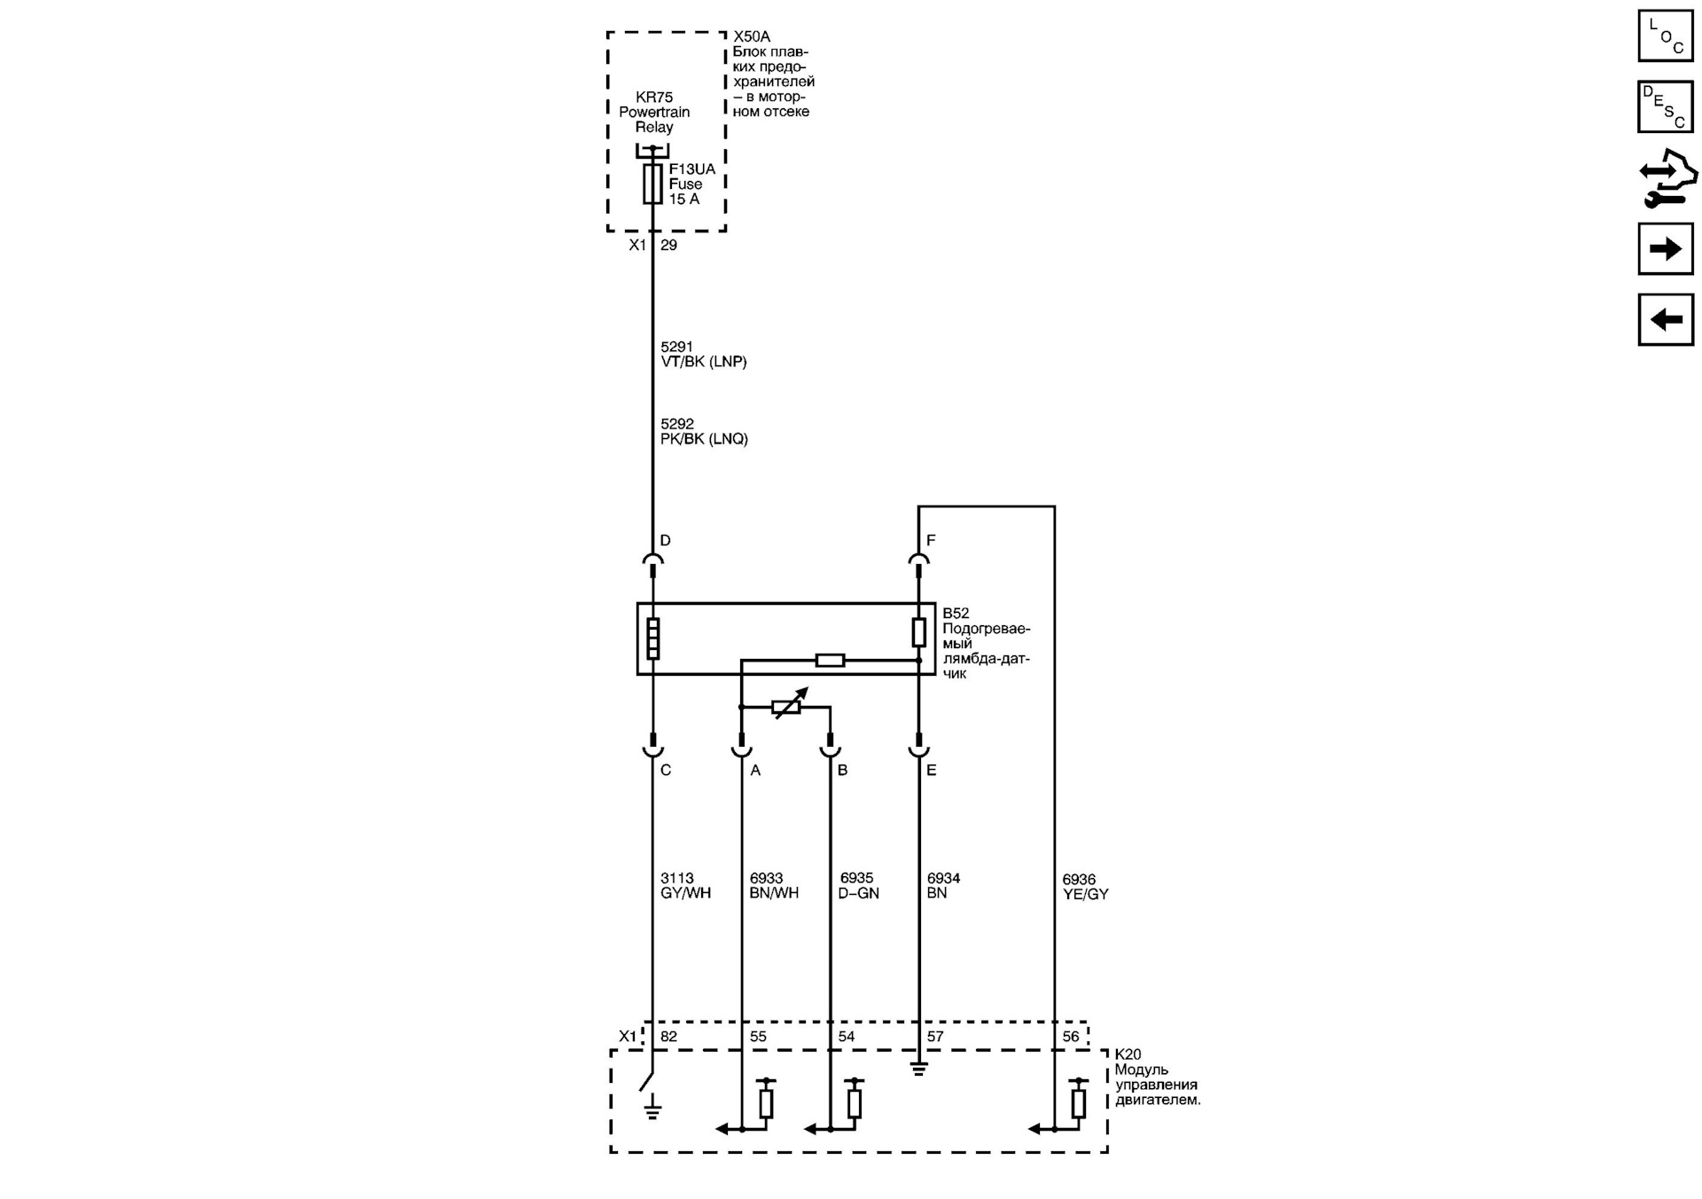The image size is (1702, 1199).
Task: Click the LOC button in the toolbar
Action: coord(1665,35)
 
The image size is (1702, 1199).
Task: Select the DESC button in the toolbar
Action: coord(1665,106)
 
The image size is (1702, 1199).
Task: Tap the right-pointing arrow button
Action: coord(1665,248)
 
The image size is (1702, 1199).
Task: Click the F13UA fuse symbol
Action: coord(652,184)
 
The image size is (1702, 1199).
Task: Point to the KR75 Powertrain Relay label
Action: coord(654,112)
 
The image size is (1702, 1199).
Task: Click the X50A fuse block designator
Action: coord(752,37)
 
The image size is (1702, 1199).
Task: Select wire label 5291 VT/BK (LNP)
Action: coord(703,355)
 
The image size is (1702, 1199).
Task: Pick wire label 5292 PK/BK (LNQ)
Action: coord(703,432)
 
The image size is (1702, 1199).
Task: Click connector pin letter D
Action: coord(665,540)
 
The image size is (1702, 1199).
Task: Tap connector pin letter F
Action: coord(931,540)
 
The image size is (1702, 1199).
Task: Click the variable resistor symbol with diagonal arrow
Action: coord(787,705)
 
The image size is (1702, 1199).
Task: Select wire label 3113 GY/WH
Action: coord(685,886)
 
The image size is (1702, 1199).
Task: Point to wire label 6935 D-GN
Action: coord(858,886)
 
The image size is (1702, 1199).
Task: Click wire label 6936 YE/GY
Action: coord(1085,888)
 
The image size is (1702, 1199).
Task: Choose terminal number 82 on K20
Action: coord(668,1036)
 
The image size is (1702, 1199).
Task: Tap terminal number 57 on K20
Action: coord(934,1036)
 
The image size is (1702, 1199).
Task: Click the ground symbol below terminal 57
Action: coord(918,1069)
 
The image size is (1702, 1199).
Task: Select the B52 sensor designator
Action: coord(956,614)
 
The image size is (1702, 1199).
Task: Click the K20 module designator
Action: coord(1128,1054)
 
